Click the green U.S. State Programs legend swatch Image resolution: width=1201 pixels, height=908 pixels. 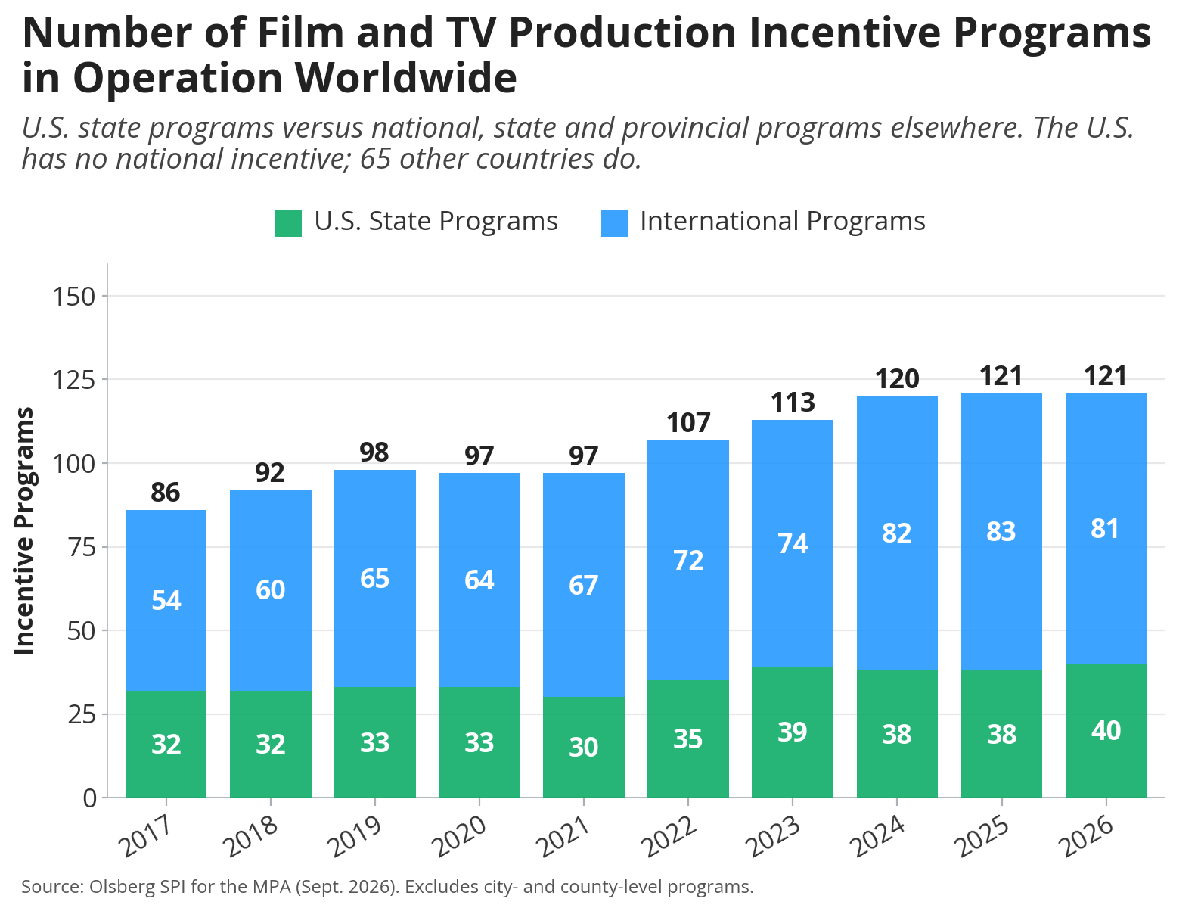[288, 223]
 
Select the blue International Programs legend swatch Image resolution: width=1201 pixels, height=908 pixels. [614, 223]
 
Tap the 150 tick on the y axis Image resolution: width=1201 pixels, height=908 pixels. [74, 297]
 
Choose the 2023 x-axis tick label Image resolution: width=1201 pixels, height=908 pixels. [774, 836]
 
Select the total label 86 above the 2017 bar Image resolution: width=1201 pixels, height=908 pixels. [165, 492]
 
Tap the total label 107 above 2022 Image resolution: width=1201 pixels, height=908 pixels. [687, 422]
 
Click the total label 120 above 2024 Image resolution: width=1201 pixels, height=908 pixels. [897, 379]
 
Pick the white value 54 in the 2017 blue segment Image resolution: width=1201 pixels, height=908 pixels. [166, 600]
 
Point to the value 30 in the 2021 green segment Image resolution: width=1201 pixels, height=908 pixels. [583, 747]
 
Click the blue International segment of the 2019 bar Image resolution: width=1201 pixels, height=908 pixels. [375, 578]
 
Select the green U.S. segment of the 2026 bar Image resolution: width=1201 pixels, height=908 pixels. [1106, 731]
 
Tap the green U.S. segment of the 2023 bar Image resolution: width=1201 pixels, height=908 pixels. [793, 732]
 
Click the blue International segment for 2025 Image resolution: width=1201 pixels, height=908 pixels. [1001, 531]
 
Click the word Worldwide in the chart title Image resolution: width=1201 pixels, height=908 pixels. [405, 78]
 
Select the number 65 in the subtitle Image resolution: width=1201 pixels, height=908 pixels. [375, 159]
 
